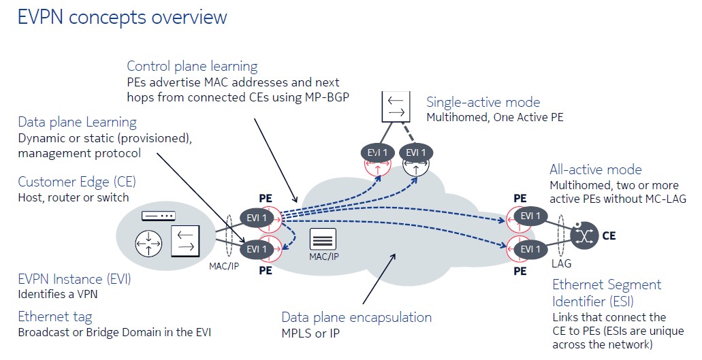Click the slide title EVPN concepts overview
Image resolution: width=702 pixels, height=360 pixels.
tap(122, 17)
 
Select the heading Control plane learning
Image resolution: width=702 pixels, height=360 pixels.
tap(192, 66)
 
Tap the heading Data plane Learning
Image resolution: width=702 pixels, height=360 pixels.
tap(77, 122)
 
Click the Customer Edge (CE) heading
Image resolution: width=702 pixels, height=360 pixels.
tap(76, 182)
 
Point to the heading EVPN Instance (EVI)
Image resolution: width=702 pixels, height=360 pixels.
tap(74, 279)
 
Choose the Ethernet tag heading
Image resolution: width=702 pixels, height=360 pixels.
tap(54, 316)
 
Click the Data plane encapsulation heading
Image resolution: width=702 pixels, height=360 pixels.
tap(356, 317)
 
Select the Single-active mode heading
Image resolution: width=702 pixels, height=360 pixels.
tap(483, 102)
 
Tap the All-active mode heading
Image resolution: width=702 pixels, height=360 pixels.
tap(595, 169)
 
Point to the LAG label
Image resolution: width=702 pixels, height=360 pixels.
tap(562, 262)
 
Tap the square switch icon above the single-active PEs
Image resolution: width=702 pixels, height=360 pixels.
tap(394, 105)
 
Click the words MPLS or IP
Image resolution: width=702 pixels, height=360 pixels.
tap(310, 334)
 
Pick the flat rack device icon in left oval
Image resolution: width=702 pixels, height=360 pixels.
tap(158, 216)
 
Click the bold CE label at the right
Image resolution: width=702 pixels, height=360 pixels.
tap(608, 236)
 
